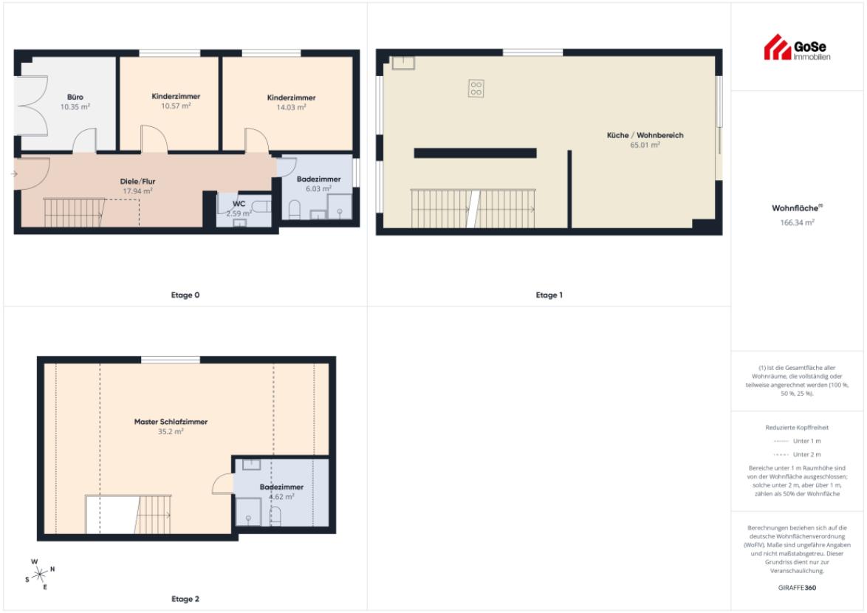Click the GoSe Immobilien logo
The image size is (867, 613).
point(797,47)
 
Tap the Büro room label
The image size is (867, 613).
point(75,97)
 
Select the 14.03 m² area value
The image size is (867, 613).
point(292,107)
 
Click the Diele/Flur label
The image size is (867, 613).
point(137,181)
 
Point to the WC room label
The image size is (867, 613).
point(239,204)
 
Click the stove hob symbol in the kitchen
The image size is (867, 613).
point(476,89)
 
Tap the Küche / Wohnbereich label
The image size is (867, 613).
point(645,135)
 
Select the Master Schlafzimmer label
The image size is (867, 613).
point(171,422)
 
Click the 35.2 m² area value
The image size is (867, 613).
point(171,432)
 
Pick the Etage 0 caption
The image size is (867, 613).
point(185,295)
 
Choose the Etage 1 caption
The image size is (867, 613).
point(549,295)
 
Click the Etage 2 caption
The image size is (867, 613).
point(185,599)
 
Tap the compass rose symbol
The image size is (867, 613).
point(40,575)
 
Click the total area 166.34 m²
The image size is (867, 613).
point(797,223)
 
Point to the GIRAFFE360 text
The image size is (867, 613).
point(797,588)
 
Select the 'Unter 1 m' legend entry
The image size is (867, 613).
point(797,441)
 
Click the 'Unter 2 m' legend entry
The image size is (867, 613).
point(797,454)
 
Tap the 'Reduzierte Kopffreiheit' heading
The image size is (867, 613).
point(797,428)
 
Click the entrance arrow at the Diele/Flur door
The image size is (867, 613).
point(14,174)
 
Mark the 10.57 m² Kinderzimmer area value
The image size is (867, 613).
point(176,106)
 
